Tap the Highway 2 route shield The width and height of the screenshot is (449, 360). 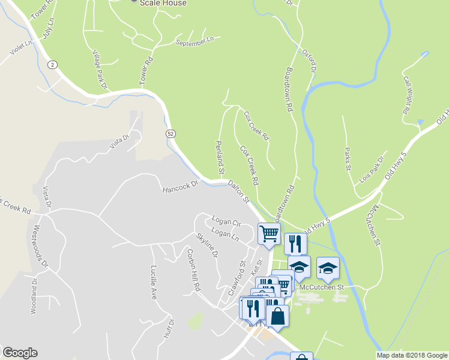[x=53, y=65]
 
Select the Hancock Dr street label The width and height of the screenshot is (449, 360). [x=180, y=188]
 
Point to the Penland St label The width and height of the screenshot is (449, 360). [x=220, y=157]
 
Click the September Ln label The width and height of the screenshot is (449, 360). [x=194, y=41]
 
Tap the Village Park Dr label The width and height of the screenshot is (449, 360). [x=99, y=70]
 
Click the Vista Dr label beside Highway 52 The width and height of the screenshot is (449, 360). [x=119, y=142]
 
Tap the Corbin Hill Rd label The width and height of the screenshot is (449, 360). [x=193, y=270]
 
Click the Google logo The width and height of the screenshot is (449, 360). [x=20, y=353]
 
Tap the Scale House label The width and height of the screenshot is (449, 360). [x=163, y=3]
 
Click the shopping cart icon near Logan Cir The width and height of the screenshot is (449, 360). [x=268, y=233]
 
